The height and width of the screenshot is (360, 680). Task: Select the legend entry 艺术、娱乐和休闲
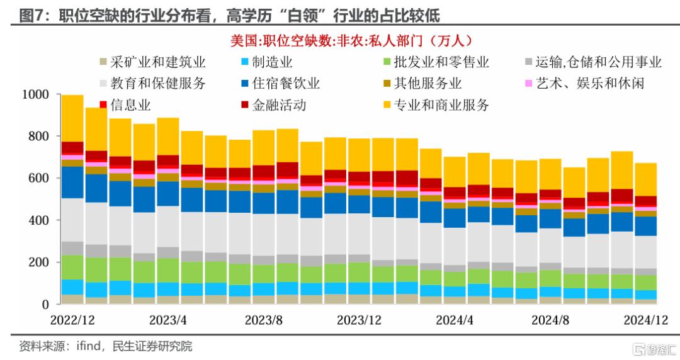coord(589,83)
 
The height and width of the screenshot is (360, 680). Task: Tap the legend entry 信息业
coord(130,104)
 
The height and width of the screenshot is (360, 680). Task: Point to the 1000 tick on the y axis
coord(35,94)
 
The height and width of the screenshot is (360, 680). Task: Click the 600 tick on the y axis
coord(39,178)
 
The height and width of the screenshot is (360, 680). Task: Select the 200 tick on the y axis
coord(39,262)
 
